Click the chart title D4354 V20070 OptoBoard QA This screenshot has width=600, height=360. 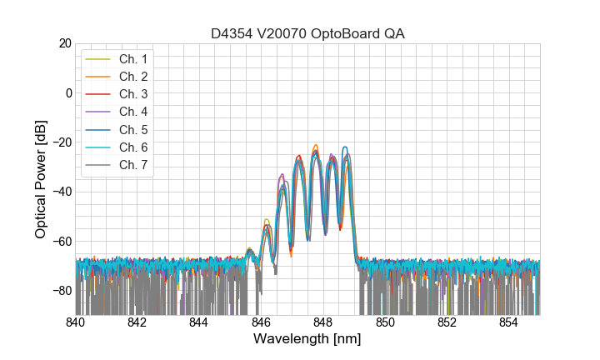tap(307, 33)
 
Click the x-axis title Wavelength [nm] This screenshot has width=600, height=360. tap(307, 340)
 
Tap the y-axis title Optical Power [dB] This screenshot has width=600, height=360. tap(41, 179)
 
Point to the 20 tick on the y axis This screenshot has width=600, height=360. tap(64, 43)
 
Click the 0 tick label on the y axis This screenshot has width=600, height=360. tap(67, 92)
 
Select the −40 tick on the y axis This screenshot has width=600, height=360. tap(61, 192)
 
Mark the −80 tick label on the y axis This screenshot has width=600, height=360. tap(61, 291)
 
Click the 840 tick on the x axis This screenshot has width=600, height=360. tap(76, 322)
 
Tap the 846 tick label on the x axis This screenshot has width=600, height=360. tap(261, 322)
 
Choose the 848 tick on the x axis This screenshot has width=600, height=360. tap(323, 322)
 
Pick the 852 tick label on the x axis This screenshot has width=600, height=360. tap(447, 322)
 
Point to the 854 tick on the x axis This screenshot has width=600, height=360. tap(508, 322)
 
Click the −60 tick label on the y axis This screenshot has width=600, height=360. tap(61, 242)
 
